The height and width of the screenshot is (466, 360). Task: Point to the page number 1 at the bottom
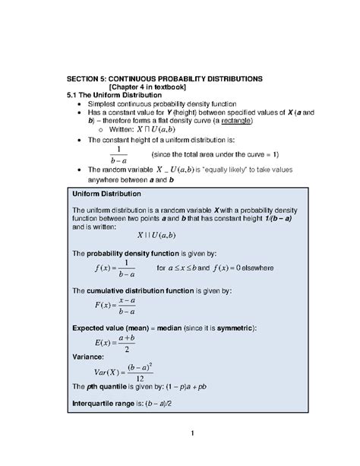(194, 433)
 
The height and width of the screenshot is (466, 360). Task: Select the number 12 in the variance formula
(162, 379)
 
